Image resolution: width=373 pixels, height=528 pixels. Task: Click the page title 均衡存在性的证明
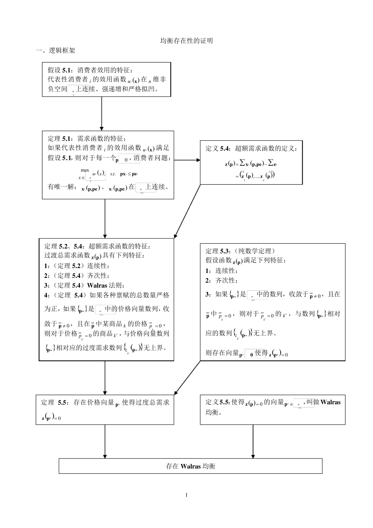click(187, 40)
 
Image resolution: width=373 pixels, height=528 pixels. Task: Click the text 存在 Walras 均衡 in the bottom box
click(190, 466)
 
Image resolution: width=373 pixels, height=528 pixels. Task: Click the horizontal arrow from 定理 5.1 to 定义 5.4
click(187, 160)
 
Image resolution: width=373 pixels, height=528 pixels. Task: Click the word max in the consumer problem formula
click(85, 170)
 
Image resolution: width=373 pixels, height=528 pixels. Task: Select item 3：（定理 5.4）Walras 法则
click(84, 285)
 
